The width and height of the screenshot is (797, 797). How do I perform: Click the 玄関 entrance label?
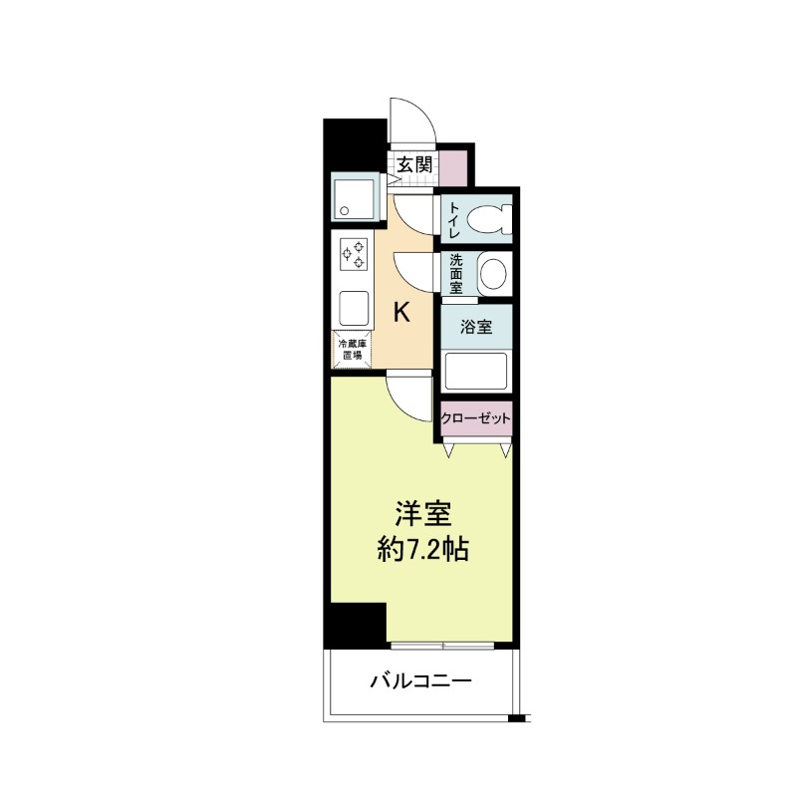point(414,164)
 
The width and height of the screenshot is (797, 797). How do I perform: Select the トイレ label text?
point(454,219)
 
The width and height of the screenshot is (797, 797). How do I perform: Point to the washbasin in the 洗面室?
point(493,275)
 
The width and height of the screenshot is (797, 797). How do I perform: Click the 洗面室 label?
point(456,274)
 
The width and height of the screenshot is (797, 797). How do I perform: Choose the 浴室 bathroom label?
point(476,327)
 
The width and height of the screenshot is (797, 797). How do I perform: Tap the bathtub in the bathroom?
point(476,370)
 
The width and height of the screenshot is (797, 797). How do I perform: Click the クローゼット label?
point(475,418)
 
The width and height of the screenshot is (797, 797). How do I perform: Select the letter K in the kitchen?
point(402,312)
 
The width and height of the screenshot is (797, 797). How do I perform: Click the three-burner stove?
point(354,255)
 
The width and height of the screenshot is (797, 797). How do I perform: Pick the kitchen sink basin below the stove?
point(354,309)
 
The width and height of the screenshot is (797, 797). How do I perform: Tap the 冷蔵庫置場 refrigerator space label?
point(352,349)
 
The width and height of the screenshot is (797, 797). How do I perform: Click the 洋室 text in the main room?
point(423,514)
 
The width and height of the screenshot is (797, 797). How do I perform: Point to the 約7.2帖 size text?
point(422,549)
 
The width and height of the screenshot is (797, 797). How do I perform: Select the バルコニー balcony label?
point(420,680)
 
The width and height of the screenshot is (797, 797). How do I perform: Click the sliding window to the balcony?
point(442,646)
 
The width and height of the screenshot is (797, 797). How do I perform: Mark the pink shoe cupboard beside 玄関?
point(453,168)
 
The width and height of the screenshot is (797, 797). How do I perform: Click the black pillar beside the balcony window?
point(356,626)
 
